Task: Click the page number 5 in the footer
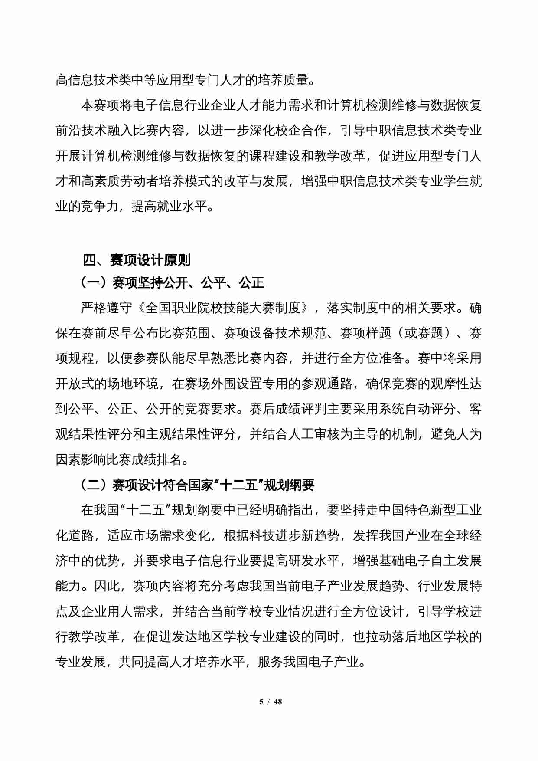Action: [261, 702]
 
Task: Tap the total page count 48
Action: [278, 702]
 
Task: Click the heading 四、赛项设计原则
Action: [137, 260]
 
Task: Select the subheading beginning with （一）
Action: [172, 283]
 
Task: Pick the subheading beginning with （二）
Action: [197, 485]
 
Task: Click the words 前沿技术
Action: [81, 131]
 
